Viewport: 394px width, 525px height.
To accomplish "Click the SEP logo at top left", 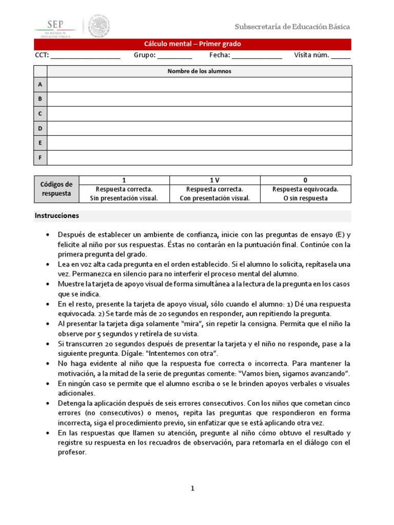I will coord(54,27).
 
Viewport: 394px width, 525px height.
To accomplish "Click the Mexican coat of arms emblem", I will coord(98,26).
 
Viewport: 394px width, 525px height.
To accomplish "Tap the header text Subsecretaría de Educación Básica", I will coord(292,27).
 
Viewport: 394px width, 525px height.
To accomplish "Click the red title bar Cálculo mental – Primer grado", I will coord(193,44).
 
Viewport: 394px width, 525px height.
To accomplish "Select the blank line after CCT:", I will coord(85,56).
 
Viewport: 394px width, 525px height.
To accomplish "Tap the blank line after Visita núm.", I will coord(341,56).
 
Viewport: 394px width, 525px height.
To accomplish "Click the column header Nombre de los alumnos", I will coord(199,71).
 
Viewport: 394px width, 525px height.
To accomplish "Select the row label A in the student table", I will coord(40,84).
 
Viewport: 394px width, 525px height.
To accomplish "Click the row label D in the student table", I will coord(40,128).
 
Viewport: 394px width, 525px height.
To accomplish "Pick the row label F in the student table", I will coord(40,157).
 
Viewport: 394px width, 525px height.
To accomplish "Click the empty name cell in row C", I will coord(199,113).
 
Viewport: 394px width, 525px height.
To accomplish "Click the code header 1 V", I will coord(214,180).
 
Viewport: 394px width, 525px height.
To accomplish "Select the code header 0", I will coord(305,180).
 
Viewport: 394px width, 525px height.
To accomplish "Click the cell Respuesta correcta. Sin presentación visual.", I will coord(125,194).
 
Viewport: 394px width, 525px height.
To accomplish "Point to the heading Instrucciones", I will coord(57,216).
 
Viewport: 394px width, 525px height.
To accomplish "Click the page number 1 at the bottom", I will coord(193,489).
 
